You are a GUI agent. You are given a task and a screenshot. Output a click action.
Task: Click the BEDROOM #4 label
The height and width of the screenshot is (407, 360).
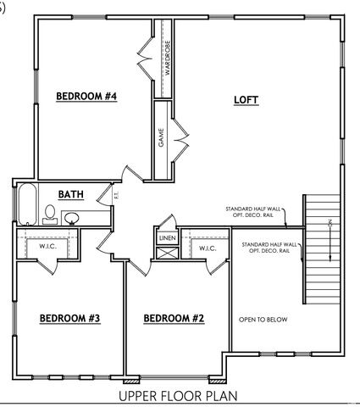[x=86, y=97]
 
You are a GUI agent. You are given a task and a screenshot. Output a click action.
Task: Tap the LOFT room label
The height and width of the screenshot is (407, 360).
[x=246, y=100]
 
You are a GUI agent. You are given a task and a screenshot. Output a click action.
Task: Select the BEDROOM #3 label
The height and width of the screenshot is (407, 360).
[x=70, y=319]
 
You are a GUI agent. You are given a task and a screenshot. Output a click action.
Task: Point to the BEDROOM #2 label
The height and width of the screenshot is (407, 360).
[x=174, y=319]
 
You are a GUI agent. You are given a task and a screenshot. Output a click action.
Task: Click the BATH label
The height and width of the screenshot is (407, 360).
[x=70, y=194]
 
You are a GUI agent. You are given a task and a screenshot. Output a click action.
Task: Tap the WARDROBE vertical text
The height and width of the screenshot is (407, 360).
[x=168, y=58]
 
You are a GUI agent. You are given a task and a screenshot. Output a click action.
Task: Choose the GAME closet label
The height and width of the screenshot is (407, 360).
[x=161, y=138]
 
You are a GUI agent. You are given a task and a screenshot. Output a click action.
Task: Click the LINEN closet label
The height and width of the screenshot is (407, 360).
[x=166, y=240]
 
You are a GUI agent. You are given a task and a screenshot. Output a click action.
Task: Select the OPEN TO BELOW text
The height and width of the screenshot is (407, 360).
[x=263, y=320]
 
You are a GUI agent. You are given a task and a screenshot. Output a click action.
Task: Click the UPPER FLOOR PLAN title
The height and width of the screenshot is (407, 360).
[x=178, y=395]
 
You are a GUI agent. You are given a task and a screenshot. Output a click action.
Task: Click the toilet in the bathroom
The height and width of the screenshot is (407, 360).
[x=50, y=213]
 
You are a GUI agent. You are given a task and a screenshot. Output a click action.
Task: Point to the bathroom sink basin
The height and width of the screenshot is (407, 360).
[x=73, y=218]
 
